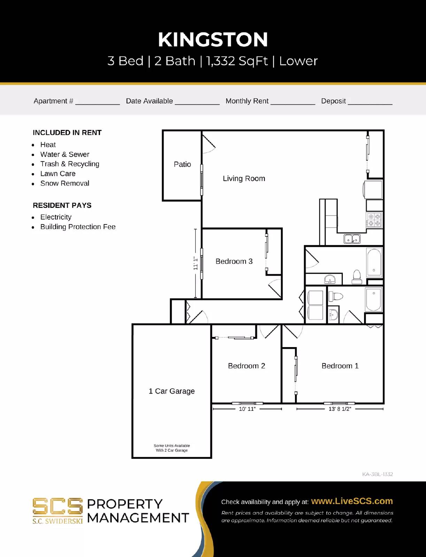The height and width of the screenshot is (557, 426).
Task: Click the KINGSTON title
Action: pyautogui.click(x=213, y=40)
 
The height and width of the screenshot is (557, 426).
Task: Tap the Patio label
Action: pyautogui.click(x=182, y=164)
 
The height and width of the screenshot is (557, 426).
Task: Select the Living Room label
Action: pyautogui.click(x=244, y=179)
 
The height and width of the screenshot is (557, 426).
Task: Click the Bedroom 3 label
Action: pyautogui.click(x=234, y=261)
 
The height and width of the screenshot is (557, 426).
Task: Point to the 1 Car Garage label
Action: pyautogui.click(x=171, y=391)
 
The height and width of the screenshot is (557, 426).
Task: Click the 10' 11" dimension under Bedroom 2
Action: pyautogui.click(x=247, y=409)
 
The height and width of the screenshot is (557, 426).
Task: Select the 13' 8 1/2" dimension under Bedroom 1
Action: pyautogui.click(x=340, y=409)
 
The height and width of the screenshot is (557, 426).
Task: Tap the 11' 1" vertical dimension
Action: pyautogui.click(x=195, y=264)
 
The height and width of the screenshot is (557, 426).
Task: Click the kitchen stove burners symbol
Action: pyautogui.click(x=374, y=220)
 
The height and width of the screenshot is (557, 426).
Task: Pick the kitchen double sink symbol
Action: pyautogui.click(x=352, y=239)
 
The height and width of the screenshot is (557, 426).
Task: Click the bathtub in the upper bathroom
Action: pyautogui.click(x=374, y=262)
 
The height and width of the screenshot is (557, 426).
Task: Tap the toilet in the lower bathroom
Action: pyautogui.click(x=335, y=297)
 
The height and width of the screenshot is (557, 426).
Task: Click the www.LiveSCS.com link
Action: pyautogui.click(x=352, y=501)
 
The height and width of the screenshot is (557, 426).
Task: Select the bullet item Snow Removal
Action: pyautogui.click(x=65, y=183)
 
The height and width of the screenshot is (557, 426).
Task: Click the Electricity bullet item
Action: pyautogui.click(x=56, y=217)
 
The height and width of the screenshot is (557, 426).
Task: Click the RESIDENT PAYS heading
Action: pyautogui.click(x=62, y=205)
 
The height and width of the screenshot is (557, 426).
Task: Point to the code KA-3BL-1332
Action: pyautogui.click(x=377, y=474)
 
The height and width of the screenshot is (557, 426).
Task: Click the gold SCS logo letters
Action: pyautogui.click(x=57, y=507)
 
